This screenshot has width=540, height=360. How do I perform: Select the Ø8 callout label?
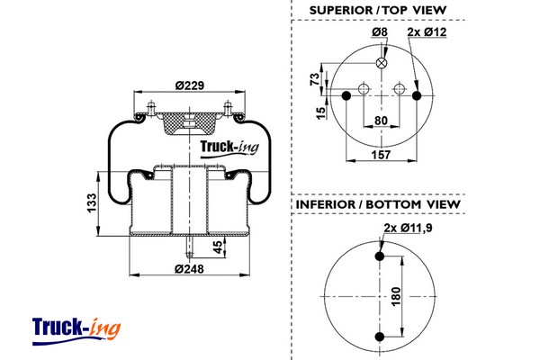pos(379,33)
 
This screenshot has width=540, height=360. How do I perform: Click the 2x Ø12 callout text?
pos(427,33)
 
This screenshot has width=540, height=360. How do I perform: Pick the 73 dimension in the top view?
pos(315,78)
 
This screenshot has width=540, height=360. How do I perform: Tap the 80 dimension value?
pos(381,121)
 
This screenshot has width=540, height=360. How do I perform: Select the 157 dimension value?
pos(381,157)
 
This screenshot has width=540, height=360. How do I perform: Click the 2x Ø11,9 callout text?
pos(408,227)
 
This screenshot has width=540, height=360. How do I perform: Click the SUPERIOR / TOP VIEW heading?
pos(378,10)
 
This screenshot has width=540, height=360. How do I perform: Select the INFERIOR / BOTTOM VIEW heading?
pos(378,205)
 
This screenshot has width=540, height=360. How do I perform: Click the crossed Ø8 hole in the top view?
pos(382,63)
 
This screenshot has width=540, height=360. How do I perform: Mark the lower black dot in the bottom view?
pos(379,337)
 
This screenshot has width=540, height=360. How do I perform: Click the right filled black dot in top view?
pos(415,94)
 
